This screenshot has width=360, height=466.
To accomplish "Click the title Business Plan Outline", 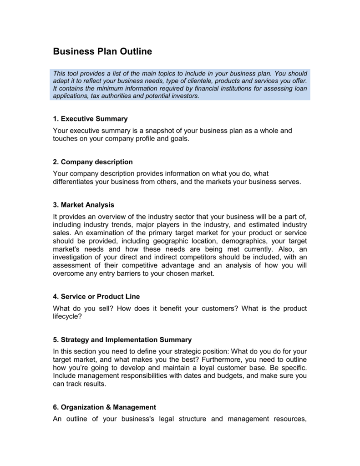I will coord(102,52).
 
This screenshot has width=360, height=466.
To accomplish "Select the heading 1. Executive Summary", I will coord(90,119).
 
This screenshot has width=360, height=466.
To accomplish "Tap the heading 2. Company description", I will coord(93,162).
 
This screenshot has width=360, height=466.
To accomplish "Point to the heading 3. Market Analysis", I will coord(83,205).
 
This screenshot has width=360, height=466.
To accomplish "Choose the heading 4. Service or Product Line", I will coord(96,297).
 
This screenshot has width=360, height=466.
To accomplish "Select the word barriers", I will coord(125,274).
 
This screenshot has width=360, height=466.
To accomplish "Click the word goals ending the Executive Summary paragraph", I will coord(178,138).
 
